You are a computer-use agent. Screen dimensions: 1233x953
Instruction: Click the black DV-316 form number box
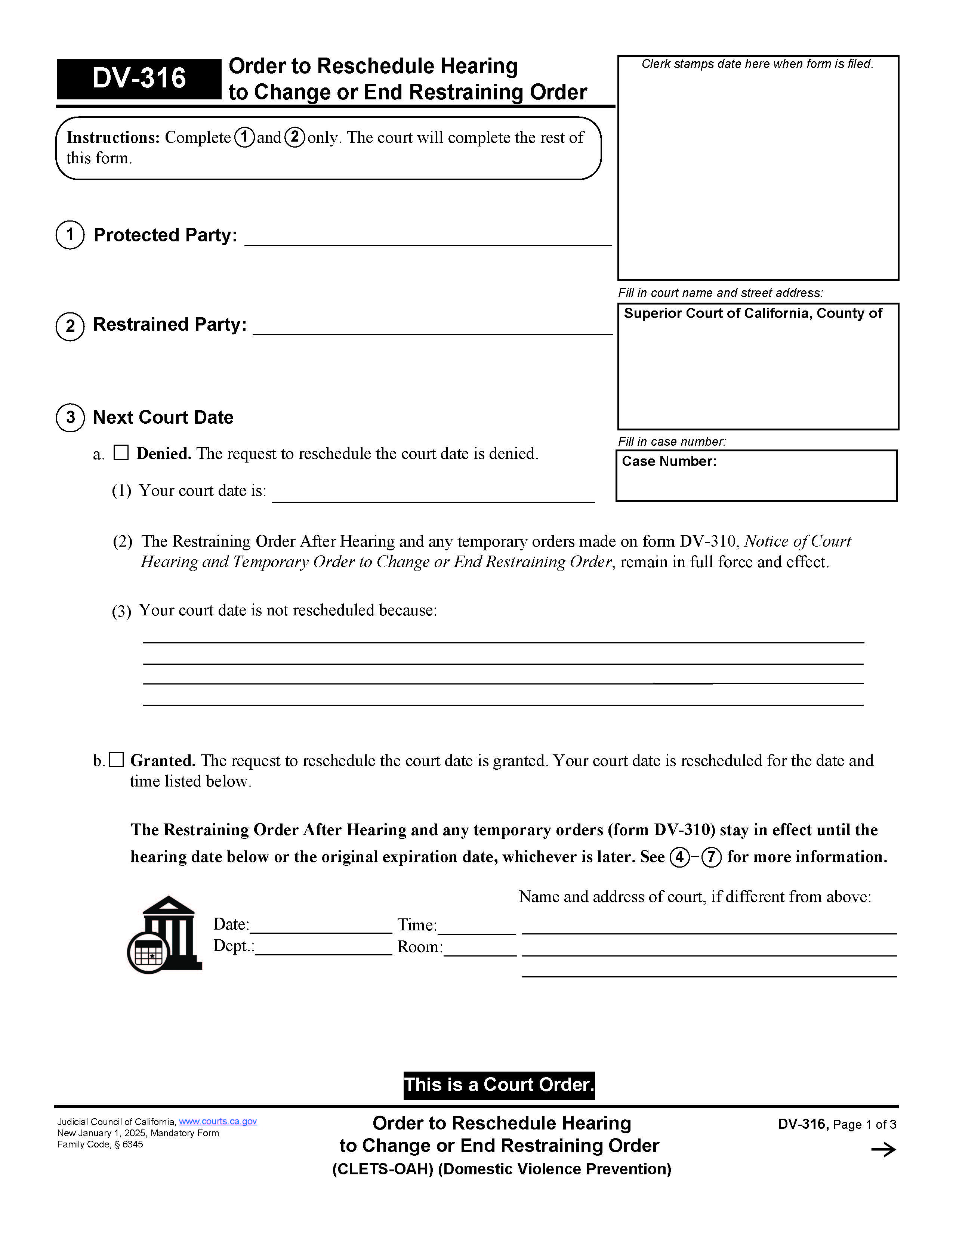(x=139, y=78)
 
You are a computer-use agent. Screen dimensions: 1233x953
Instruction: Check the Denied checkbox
(x=121, y=453)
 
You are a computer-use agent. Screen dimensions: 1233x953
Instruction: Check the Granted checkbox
(x=116, y=760)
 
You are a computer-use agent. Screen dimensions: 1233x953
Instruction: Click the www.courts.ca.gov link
(x=218, y=1121)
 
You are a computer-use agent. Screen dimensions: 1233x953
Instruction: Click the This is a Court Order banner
(x=499, y=1085)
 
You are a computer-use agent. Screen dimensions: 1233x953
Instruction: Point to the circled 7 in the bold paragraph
(x=711, y=857)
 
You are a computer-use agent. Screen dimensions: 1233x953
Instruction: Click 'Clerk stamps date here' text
(x=757, y=64)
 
